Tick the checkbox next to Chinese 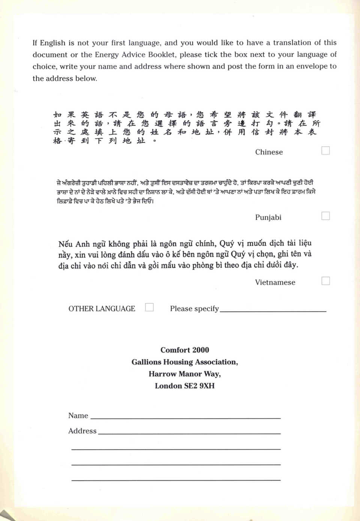click(325, 150)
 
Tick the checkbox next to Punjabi click(325, 216)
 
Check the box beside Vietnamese click(325, 281)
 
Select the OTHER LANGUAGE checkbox click(149, 307)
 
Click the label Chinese click(269, 152)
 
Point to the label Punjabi click(268, 217)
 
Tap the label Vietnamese click(275, 282)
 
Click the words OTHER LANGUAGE click(102, 308)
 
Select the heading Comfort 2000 click(184, 350)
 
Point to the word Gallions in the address click(147, 362)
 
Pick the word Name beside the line click(78, 415)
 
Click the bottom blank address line click(176, 479)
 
